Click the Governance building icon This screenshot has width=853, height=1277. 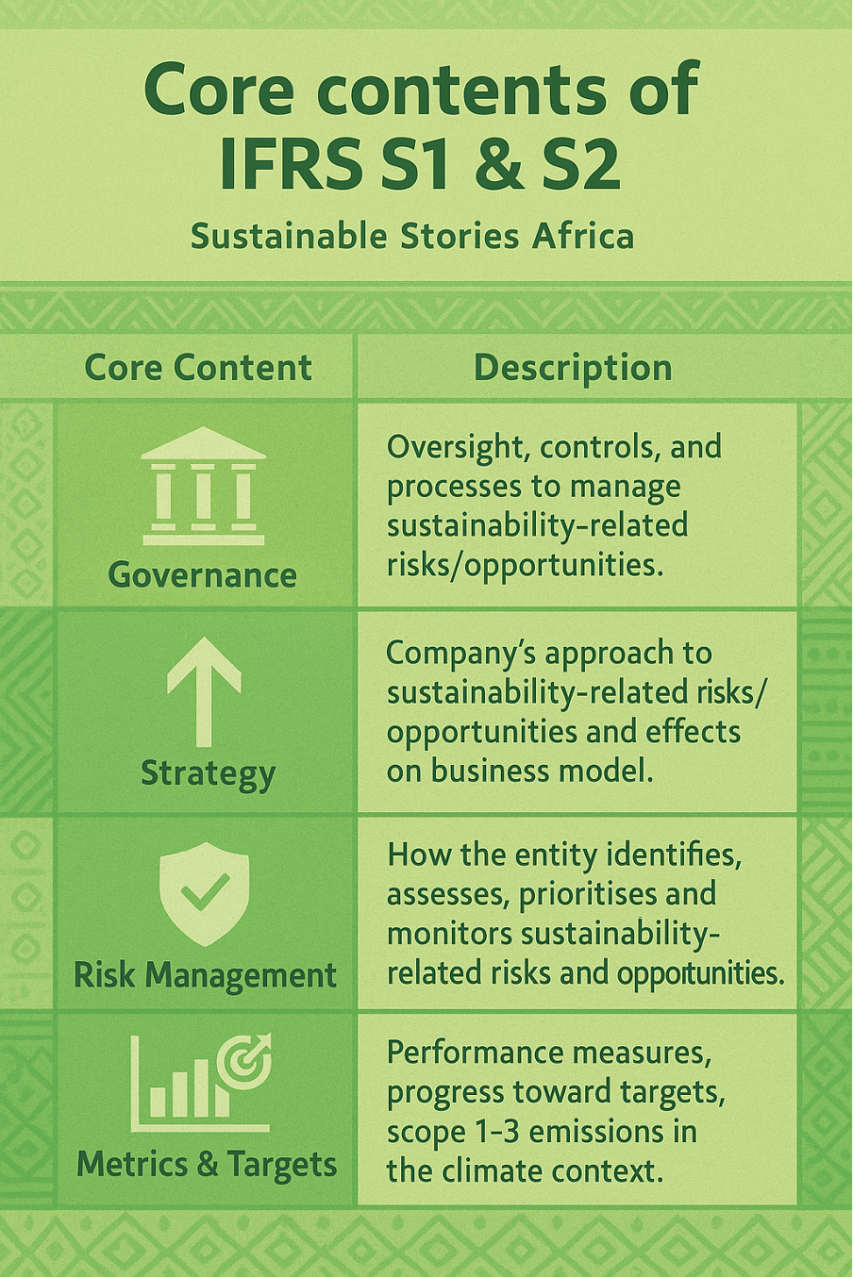[x=203, y=487]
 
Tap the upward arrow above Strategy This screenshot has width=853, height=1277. [x=204, y=690]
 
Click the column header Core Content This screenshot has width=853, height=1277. [x=198, y=367]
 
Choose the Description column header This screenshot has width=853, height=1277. [x=573, y=367]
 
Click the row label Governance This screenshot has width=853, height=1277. [x=202, y=574]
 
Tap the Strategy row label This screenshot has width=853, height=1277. [x=208, y=773]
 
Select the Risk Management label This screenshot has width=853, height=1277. [x=205, y=974]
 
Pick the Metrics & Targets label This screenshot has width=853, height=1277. [x=206, y=1164]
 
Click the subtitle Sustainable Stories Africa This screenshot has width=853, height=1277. [x=412, y=236]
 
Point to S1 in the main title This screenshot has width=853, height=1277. [x=420, y=162]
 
